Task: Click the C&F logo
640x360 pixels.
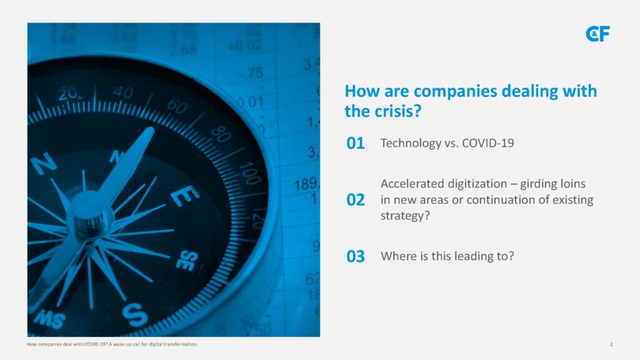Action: click(597, 34)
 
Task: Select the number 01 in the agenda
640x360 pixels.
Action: click(355, 143)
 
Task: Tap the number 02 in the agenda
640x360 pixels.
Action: click(355, 200)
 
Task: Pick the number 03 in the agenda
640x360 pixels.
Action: click(355, 256)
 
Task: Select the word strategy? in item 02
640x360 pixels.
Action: click(405, 216)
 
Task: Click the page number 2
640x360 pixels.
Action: click(611, 344)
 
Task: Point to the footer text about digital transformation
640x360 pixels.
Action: click(112, 344)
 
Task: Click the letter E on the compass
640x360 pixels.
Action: click(184, 196)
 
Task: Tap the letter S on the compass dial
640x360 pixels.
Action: click(135, 315)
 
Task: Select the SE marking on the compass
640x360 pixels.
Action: click(187, 261)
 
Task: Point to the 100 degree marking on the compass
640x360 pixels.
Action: click(250, 173)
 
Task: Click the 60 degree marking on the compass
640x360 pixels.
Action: click(177, 106)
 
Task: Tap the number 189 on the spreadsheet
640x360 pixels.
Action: click(306, 184)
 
